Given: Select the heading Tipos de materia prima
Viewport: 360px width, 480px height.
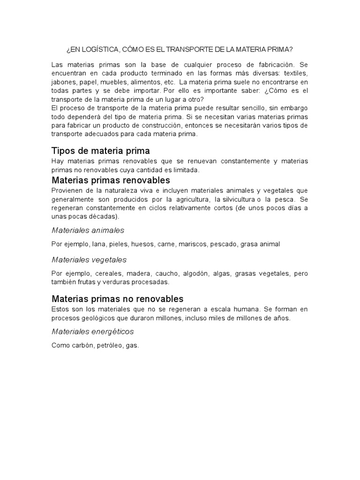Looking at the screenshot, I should pos(100,151).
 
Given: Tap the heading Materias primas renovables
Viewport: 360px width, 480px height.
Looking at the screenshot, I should pos(111,180).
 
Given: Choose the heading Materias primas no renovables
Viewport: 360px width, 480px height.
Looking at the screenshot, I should pos(117,299).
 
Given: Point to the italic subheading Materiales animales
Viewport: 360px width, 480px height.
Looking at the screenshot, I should pos(88,230).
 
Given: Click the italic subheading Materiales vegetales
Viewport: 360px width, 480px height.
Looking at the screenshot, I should pos(89,259).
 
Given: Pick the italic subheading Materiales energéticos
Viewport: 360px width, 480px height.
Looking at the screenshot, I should pos(92,331).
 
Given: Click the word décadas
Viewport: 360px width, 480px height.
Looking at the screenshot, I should pos(103,217).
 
